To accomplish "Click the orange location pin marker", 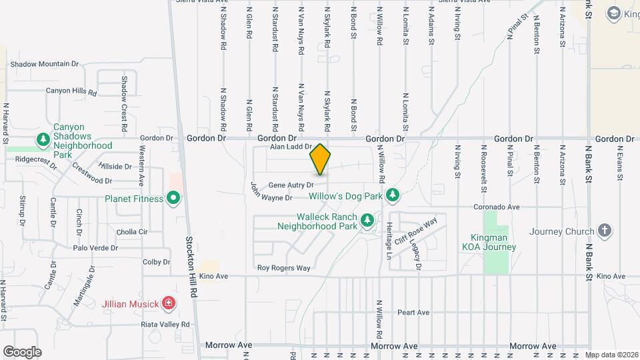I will coord(320,159).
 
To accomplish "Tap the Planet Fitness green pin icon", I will coord(173,198).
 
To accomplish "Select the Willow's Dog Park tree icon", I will coord(393,194).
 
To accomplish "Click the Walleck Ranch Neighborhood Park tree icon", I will coord(366,220).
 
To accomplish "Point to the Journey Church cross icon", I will coord(605,231).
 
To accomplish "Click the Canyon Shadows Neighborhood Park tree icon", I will coord(43,139).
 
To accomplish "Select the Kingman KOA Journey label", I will coord(489,242).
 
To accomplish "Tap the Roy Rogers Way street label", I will coord(284,268).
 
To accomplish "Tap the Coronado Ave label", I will coord(496,207).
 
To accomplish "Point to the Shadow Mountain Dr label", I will coord(44,64).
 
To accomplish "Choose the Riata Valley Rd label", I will coord(165,324).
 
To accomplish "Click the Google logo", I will coord(22,351).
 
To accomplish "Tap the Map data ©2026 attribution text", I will coord(611,355).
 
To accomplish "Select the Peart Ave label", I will coord(413,312).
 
